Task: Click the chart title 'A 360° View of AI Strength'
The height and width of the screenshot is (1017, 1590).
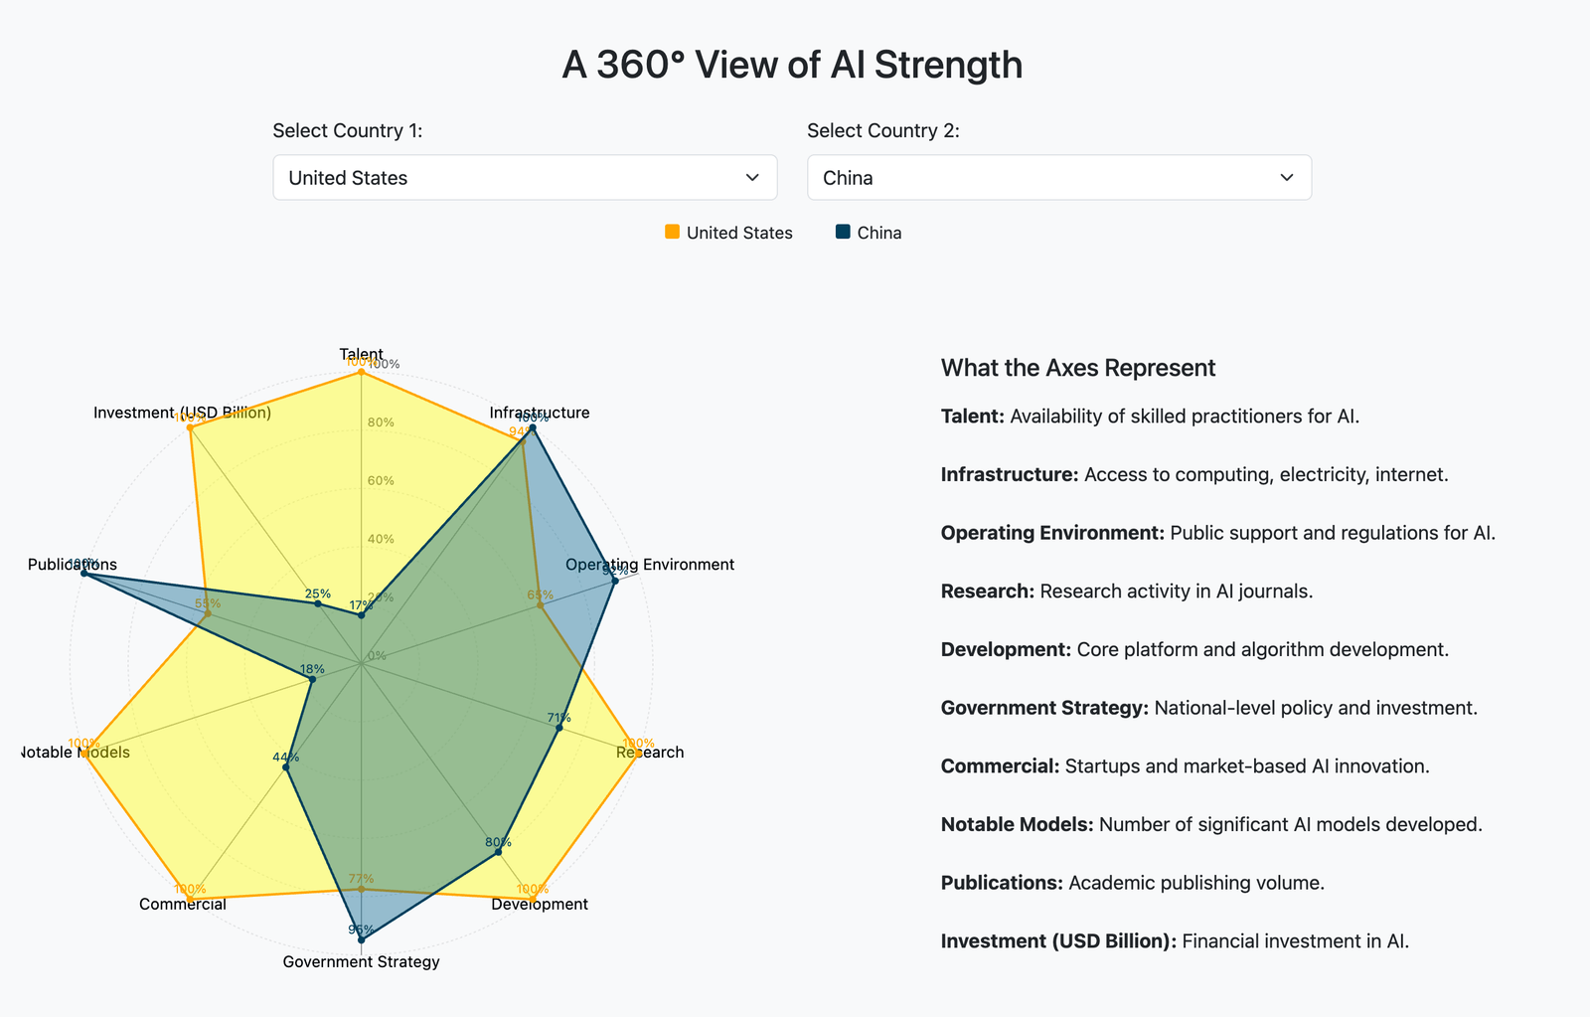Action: click(x=792, y=65)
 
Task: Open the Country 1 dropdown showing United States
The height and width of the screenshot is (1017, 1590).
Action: click(x=525, y=178)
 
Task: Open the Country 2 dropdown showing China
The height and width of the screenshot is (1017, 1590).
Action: click(x=1058, y=178)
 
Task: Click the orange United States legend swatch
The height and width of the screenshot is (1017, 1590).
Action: click(x=673, y=232)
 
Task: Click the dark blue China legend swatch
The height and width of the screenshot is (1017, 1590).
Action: click(x=843, y=232)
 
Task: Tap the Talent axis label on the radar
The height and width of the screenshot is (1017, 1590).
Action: click(x=361, y=354)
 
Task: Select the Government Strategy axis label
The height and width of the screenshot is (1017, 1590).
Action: click(x=361, y=961)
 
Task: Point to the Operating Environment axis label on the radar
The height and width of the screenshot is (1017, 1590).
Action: click(x=650, y=565)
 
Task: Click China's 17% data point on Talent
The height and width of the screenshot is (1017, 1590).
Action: click(x=361, y=615)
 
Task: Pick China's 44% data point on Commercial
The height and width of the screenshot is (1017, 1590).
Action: click(x=285, y=767)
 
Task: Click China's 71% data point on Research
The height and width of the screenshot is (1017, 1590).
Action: click(x=559, y=729)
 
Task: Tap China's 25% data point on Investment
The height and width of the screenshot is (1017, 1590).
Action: click(x=318, y=603)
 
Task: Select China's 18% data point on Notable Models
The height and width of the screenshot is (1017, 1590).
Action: click(x=311, y=680)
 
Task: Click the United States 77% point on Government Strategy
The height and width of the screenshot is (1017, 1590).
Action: click(x=361, y=890)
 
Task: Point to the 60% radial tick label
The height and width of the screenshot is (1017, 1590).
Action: click(x=381, y=481)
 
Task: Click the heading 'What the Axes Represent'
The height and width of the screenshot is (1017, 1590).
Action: click(x=1078, y=368)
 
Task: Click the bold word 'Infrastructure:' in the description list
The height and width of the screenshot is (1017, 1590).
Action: click(x=1009, y=474)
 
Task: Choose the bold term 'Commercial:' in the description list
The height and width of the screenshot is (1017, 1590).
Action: click(x=1000, y=766)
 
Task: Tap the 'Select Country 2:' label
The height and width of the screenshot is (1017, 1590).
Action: click(x=883, y=131)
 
